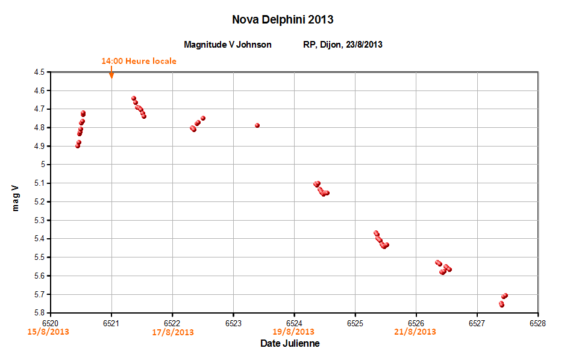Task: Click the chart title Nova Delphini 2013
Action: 283,20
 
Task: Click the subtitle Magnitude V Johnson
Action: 228,45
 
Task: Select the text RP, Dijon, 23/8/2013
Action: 343,45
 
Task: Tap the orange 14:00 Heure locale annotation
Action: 139,61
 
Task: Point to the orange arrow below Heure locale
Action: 111,73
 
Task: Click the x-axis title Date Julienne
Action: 290,344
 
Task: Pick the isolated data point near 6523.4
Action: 257,125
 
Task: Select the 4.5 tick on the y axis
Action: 40,72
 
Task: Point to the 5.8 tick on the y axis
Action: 40,313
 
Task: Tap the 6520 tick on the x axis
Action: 51,323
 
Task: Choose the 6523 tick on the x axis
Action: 233,323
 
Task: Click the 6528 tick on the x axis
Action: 537,323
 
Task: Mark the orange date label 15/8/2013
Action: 48,332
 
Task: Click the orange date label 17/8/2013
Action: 173,332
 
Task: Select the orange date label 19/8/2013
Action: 293,332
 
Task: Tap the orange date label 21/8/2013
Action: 415,332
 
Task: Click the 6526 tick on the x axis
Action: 416,323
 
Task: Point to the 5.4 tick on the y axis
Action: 40,239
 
